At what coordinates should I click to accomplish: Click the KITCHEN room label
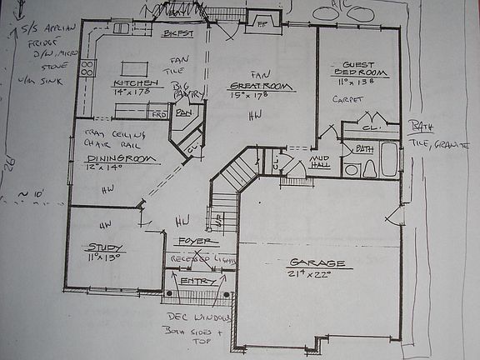(x=135, y=85)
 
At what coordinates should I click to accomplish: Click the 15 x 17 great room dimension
(x=251, y=96)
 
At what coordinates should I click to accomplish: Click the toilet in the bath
(x=352, y=170)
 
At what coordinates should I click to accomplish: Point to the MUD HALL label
(x=319, y=161)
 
